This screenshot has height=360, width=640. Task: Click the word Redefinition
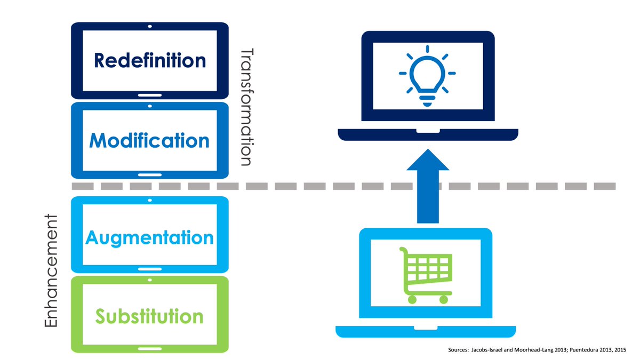click(150, 60)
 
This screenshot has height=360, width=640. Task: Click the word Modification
click(150, 140)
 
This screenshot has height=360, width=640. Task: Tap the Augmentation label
click(150, 237)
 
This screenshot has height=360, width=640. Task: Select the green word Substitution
click(150, 316)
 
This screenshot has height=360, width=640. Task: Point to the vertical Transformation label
click(246, 107)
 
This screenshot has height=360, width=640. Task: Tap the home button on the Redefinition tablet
click(150, 94)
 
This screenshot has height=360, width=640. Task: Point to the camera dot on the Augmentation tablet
click(150, 201)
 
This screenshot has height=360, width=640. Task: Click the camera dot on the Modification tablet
click(150, 106)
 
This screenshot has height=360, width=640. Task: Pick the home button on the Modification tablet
click(150, 174)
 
